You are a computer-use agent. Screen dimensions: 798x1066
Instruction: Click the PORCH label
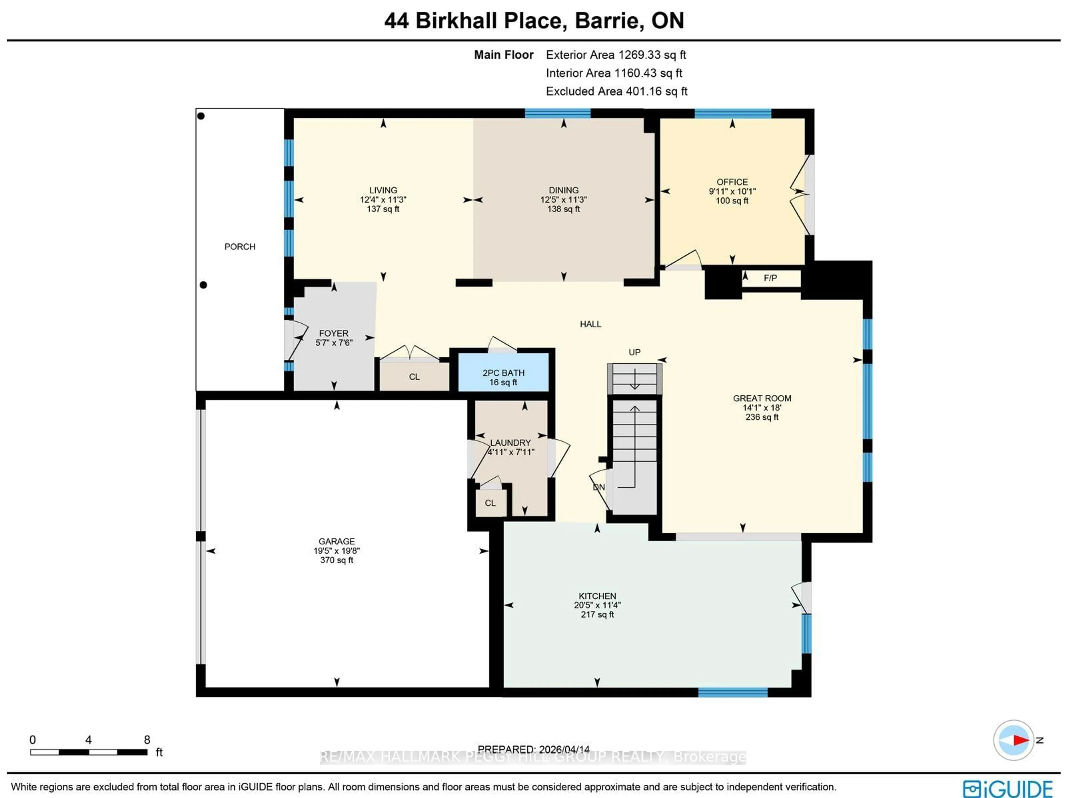coord(240,247)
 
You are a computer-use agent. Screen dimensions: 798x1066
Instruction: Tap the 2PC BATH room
coord(503,377)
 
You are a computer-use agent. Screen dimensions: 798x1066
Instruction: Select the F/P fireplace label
coord(770,278)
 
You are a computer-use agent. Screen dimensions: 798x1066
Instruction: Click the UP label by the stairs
coord(634,352)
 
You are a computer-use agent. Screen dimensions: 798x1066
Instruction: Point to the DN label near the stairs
coord(599,487)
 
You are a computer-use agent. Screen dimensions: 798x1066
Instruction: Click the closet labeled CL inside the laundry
coord(490,503)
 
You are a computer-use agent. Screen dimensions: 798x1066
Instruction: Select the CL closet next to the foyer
coord(414,377)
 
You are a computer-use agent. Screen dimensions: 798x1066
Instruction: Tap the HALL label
coord(590,324)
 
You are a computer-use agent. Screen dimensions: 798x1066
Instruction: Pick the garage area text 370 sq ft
coord(336,560)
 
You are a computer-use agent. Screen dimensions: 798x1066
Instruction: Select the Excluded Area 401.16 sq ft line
coord(616,92)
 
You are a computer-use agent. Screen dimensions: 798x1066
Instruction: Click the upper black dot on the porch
coord(201,116)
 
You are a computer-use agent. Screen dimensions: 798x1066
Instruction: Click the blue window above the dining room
coord(558,113)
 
